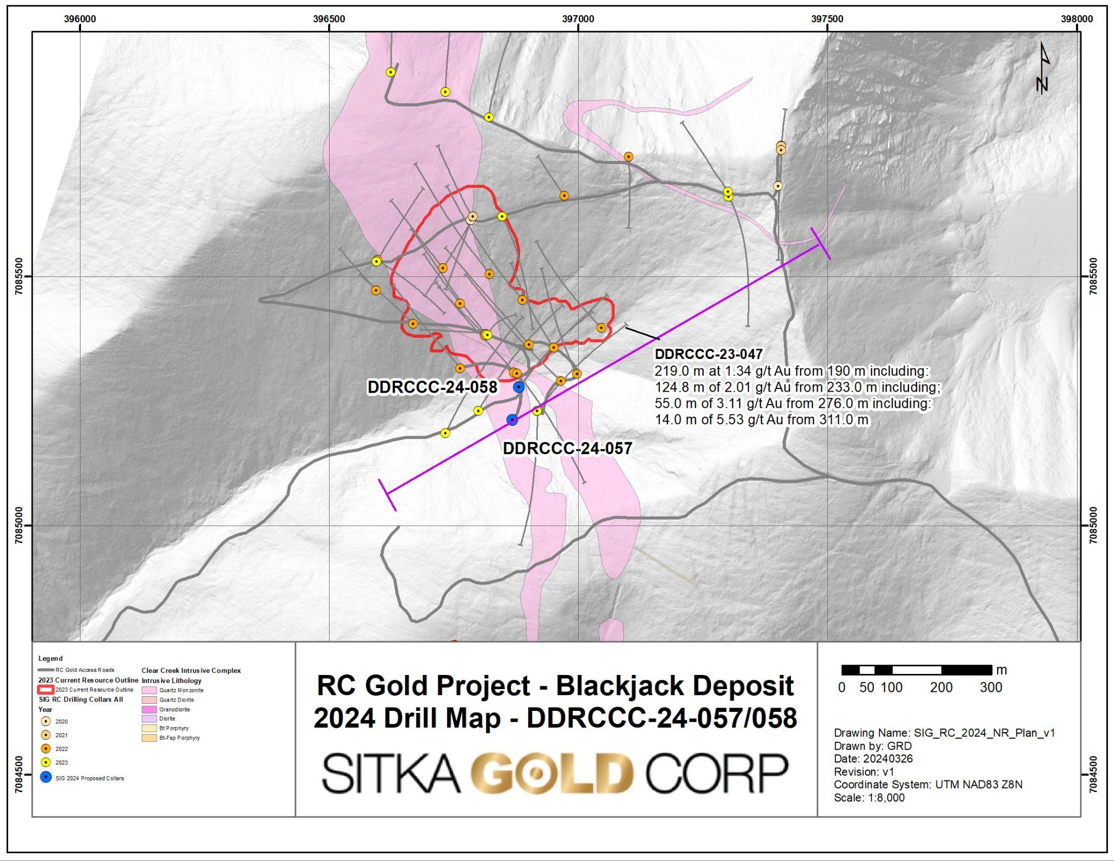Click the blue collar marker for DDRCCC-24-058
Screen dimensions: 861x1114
point(518,387)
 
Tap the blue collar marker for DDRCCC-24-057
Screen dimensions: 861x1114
point(512,419)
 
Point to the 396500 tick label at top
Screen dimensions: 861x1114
point(329,19)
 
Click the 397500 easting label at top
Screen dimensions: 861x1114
point(827,19)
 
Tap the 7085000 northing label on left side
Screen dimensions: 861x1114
point(19,525)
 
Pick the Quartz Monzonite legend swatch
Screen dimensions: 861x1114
point(149,690)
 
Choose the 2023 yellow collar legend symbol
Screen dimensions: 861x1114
point(46,762)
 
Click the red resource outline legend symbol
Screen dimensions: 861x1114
point(46,690)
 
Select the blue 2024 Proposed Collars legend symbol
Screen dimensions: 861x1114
point(46,777)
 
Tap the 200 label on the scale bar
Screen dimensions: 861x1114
point(941,687)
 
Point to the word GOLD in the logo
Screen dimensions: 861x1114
point(552,773)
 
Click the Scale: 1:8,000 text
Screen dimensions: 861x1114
point(869,797)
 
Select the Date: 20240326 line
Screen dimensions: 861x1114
point(873,758)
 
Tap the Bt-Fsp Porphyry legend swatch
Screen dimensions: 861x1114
point(149,738)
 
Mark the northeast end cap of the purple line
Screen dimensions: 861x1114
point(820,243)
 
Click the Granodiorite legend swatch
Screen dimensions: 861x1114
point(149,709)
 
